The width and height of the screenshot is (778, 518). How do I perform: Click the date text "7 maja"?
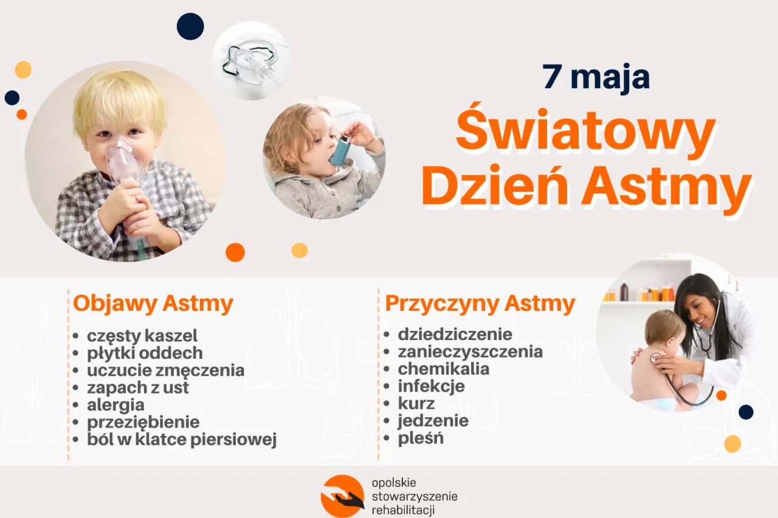coord(596,77)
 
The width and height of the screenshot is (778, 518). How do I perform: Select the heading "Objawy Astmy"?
coord(153,304)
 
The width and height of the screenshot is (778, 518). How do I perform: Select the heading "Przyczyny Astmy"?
coord(480,304)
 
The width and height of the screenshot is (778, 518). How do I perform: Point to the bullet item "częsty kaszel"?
coord(142,335)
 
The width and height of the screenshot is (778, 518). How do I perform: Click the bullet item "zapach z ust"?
coord(138,387)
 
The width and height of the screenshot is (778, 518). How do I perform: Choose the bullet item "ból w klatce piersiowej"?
coord(182,439)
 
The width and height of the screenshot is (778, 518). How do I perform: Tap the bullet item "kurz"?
coord(416,403)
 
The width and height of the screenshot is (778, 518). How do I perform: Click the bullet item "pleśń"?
coord(421,438)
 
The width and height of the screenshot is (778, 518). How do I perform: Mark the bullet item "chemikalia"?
coord(443,369)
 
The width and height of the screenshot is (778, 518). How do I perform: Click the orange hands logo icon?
coord(342,496)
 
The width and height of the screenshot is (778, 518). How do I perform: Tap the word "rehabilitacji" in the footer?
coord(403,510)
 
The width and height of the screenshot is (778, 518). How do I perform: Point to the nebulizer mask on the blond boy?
coord(125,161)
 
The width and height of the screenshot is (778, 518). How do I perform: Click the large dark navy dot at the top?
coord(190,26)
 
